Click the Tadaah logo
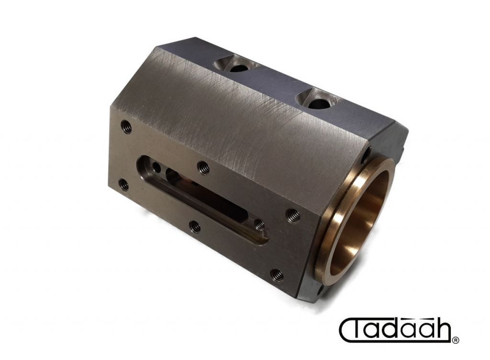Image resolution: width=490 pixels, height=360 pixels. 399,330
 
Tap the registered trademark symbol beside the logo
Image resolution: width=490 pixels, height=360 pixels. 456,340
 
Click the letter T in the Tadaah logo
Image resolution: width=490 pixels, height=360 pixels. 359,329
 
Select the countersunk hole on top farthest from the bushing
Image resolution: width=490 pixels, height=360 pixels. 237,67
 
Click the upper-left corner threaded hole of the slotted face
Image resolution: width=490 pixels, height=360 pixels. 126,127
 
